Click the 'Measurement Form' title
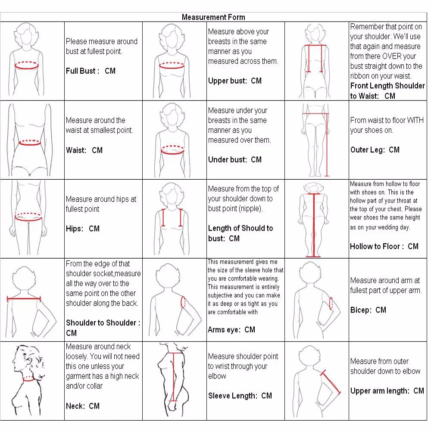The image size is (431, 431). [x=213, y=17]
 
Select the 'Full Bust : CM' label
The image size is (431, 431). [x=91, y=71]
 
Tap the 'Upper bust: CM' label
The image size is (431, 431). [x=234, y=81]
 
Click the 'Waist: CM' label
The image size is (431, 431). [x=84, y=150]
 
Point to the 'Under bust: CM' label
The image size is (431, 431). [x=234, y=159]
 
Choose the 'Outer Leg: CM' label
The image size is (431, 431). [x=375, y=150]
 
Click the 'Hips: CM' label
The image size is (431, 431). [x=82, y=228]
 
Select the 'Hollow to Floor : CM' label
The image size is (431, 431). [x=384, y=246]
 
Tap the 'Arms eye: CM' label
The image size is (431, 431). [x=231, y=329]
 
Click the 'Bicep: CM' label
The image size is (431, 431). [x=368, y=309]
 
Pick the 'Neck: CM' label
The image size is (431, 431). [x=82, y=406]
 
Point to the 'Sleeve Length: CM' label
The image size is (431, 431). [x=240, y=395]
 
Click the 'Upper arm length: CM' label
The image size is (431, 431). [x=387, y=390]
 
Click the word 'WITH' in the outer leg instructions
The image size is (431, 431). [x=415, y=120]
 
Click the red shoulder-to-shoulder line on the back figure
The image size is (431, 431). [x=24, y=299]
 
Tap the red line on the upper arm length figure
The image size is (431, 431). [x=331, y=381]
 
